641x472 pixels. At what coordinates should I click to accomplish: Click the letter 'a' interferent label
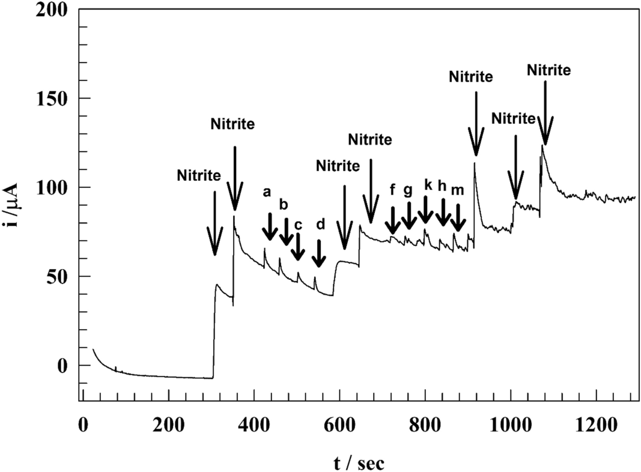click(x=267, y=192)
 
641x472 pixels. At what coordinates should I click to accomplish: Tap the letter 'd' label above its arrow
click(x=320, y=225)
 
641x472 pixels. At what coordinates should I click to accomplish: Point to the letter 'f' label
click(x=392, y=190)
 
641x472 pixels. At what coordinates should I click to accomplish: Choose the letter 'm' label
click(x=457, y=190)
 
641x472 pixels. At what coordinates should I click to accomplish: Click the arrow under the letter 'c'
click(x=297, y=247)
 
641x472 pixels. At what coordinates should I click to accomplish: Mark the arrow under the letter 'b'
click(x=286, y=232)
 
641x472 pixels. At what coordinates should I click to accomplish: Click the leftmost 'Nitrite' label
click(x=199, y=175)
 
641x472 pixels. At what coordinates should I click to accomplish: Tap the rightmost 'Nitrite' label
click(x=548, y=70)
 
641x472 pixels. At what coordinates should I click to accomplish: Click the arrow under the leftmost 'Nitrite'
click(x=214, y=225)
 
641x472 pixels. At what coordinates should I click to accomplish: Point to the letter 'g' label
click(x=408, y=190)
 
